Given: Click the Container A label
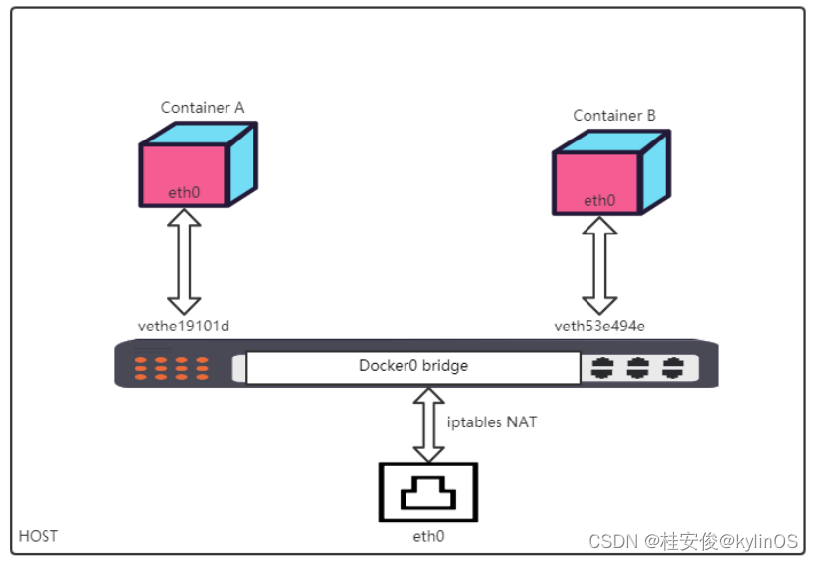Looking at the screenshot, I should pos(203,107).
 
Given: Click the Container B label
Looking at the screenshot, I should pos(614,116).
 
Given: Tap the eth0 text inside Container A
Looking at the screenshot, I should pos(184,192).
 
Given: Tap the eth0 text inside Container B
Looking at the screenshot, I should pos(598,201).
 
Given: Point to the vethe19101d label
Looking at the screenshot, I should pos(184,325).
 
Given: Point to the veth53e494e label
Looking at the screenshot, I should pos(599,325).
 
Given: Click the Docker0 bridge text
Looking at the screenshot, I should pos(412,366).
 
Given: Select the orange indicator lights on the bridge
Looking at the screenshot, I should pos(172,369).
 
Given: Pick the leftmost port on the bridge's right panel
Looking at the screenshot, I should pos(602,368).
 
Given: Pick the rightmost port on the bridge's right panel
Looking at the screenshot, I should pos(673,368).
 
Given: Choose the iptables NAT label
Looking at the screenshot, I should pos(492,422).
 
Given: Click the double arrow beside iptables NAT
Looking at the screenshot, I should pos(428,423).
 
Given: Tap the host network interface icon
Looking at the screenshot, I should pos(427,493).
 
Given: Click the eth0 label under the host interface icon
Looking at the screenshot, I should pos(427,536).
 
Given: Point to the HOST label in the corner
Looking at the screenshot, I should pos(39,536).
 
